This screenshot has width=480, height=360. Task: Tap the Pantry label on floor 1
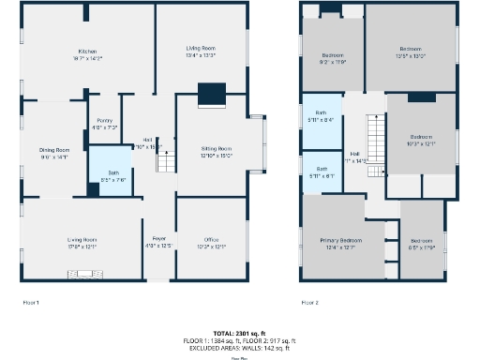[x=104, y=124]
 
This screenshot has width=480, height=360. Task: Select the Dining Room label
[x=54, y=154]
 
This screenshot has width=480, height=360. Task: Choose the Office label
[x=212, y=243]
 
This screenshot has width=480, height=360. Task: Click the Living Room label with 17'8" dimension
[x=82, y=243]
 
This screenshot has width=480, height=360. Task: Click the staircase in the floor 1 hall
[x=165, y=162]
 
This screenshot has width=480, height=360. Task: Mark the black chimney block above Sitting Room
[x=212, y=93]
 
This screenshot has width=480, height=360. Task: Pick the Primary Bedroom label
[x=342, y=243]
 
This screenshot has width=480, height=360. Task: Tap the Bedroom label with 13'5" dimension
[x=411, y=52]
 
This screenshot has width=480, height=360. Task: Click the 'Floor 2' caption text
[x=310, y=303]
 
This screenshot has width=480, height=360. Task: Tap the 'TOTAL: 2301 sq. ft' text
[x=240, y=333]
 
